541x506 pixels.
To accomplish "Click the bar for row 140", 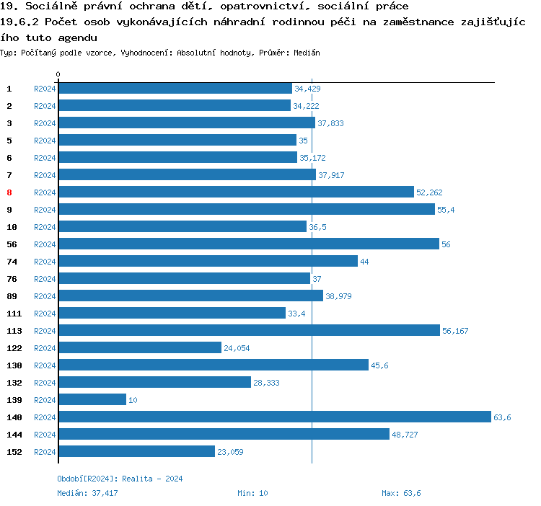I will point(274,417).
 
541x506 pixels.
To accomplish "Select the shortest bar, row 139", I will point(92,400).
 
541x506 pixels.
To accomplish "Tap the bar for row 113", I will point(249,331).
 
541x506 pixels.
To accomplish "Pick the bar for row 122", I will point(140,348).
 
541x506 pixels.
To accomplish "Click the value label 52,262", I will point(429,192).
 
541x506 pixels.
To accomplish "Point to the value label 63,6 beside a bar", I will point(502,417).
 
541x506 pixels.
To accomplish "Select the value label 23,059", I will point(229,452).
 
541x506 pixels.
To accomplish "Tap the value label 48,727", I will point(405,435).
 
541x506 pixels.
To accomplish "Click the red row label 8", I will point(9,192).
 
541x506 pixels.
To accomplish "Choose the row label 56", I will point(12,244).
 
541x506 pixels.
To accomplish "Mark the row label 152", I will point(14,452).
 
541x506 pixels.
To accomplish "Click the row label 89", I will point(12,296).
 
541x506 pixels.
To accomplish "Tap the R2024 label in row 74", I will point(45,262).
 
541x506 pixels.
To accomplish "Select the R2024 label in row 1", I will point(45,89).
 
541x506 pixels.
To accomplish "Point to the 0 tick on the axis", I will point(58,74).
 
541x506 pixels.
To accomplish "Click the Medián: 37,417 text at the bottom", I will point(87,493).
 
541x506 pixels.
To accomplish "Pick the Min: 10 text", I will point(252,493).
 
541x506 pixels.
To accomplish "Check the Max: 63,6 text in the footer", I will point(401,493).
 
